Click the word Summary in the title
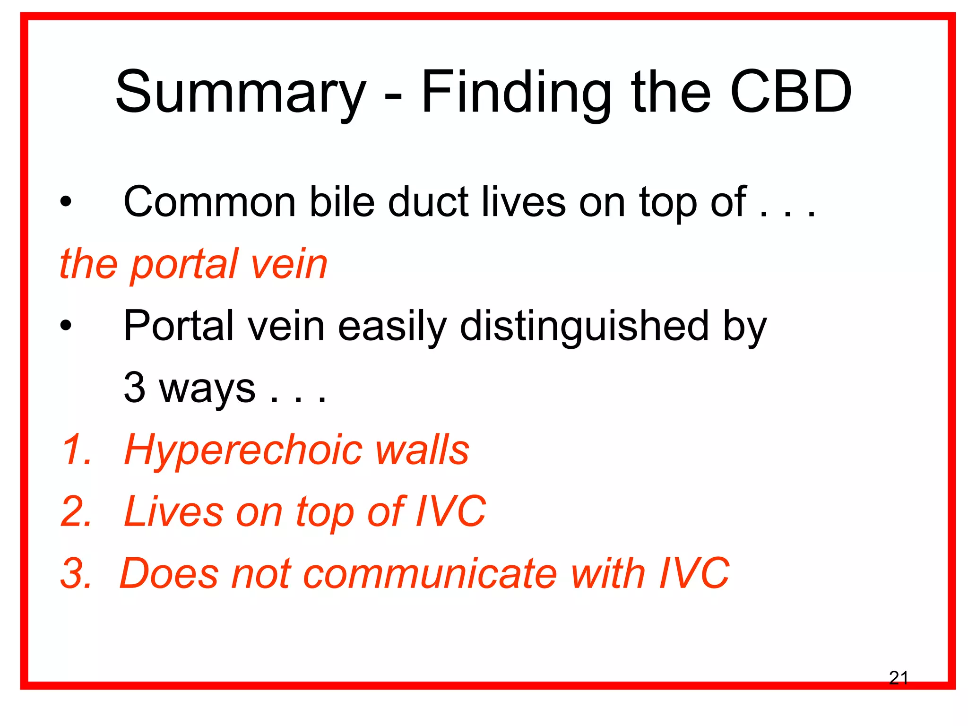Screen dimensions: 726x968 [x=240, y=93]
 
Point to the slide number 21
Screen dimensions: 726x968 [x=898, y=678]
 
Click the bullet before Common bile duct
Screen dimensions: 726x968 [x=66, y=203]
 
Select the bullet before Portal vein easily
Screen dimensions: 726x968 [x=66, y=326]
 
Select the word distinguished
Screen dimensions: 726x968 [x=584, y=326]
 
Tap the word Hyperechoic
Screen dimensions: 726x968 [x=243, y=450]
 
